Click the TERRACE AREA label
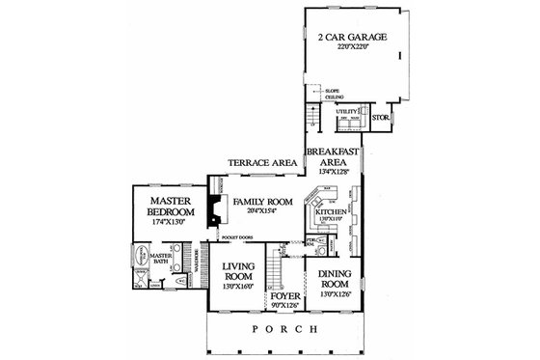[261, 164]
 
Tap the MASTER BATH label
[160, 260]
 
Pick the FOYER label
[284, 297]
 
